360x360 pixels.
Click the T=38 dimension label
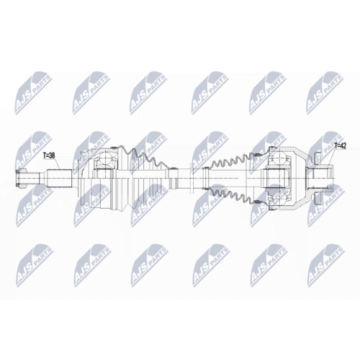point(49,156)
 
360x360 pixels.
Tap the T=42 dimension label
point(340,146)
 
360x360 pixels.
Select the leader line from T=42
point(333,156)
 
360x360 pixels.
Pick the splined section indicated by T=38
point(60,179)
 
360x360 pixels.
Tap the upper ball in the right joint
point(280,158)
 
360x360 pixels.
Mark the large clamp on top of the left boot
point(114,148)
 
